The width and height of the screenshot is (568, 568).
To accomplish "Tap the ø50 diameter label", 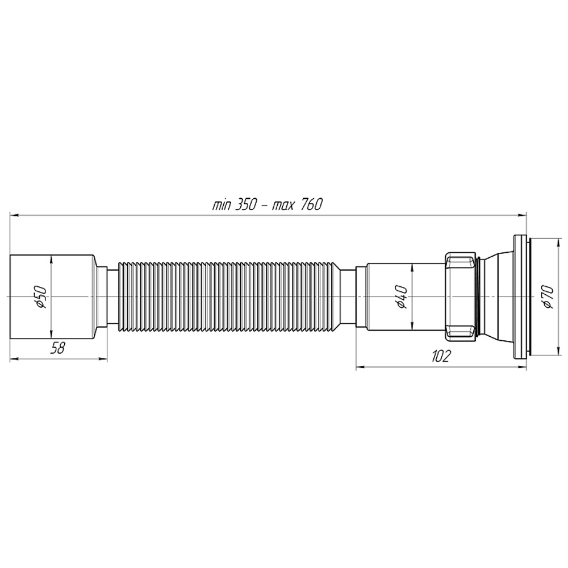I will pyautogui.click(x=40, y=296).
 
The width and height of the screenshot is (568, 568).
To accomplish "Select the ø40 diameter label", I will pyautogui.click(x=401, y=296).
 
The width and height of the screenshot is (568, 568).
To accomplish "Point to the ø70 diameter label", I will pyautogui.click(x=548, y=296).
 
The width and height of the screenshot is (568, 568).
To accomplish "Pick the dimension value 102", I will pyautogui.click(x=441, y=357).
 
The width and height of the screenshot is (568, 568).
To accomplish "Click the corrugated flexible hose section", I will pyautogui.click(x=227, y=296).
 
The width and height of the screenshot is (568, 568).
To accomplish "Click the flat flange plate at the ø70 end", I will pyautogui.click(x=519, y=296).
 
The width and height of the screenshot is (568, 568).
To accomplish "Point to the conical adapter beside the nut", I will pyautogui.click(x=497, y=296).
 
